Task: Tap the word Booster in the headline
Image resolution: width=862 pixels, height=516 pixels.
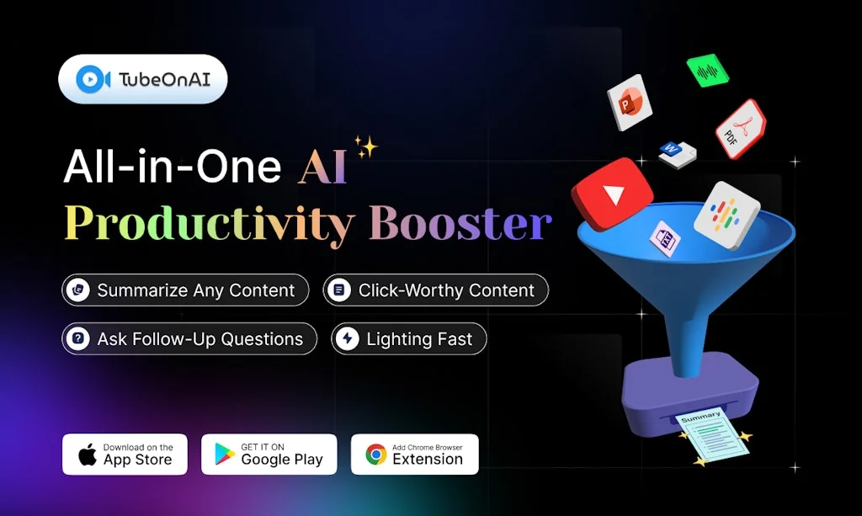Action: pyautogui.click(x=460, y=223)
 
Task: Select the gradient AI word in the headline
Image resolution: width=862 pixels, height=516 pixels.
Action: pyautogui.click(x=322, y=167)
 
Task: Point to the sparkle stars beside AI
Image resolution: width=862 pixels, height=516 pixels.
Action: pyautogui.click(x=366, y=147)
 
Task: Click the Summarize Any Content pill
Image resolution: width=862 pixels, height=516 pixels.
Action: pyautogui.click(x=185, y=290)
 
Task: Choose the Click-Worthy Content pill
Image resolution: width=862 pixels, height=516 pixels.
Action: pyautogui.click(x=435, y=290)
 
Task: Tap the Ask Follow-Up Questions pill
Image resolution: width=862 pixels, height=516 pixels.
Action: pyautogui.click(x=189, y=339)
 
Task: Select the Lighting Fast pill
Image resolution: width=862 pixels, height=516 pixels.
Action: pyautogui.click(x=408, y=339)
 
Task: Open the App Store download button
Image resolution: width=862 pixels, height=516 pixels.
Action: pyautogui.click(x=125, y=455)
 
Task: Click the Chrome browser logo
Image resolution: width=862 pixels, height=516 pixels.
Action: pyautogui.click(x=376, y=455)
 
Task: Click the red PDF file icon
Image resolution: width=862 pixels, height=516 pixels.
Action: pyautogui.click(x=740, y=130)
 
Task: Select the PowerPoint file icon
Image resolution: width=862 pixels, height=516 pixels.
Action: pyautogui.click(x=631, y=102)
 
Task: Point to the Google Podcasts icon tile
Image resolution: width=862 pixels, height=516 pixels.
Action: pyautogui.click(x=726, y=215)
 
